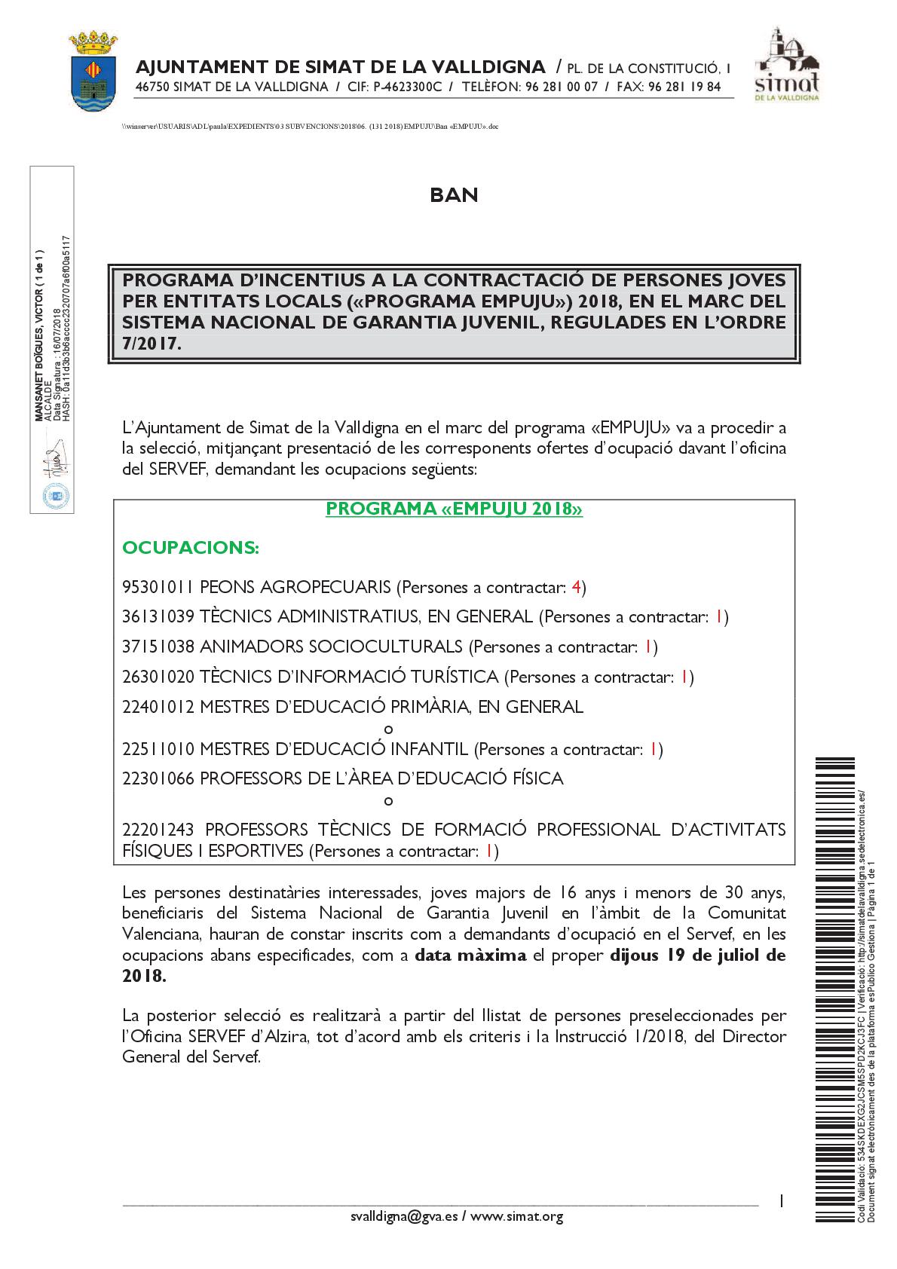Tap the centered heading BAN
tap(454, 195)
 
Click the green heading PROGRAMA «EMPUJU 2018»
tap(454, 510)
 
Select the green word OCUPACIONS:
tap(191, 547)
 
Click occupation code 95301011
tap(158, 587)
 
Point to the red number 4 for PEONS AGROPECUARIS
tap(577, 586)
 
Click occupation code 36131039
tap(158, 617)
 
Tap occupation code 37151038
tap(158, 647)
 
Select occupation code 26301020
tap(158, 677)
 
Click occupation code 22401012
tap(158, 707)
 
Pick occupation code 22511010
tap(158, 749)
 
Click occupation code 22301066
tap(158, 778)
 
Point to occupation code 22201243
tap(158, 830)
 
